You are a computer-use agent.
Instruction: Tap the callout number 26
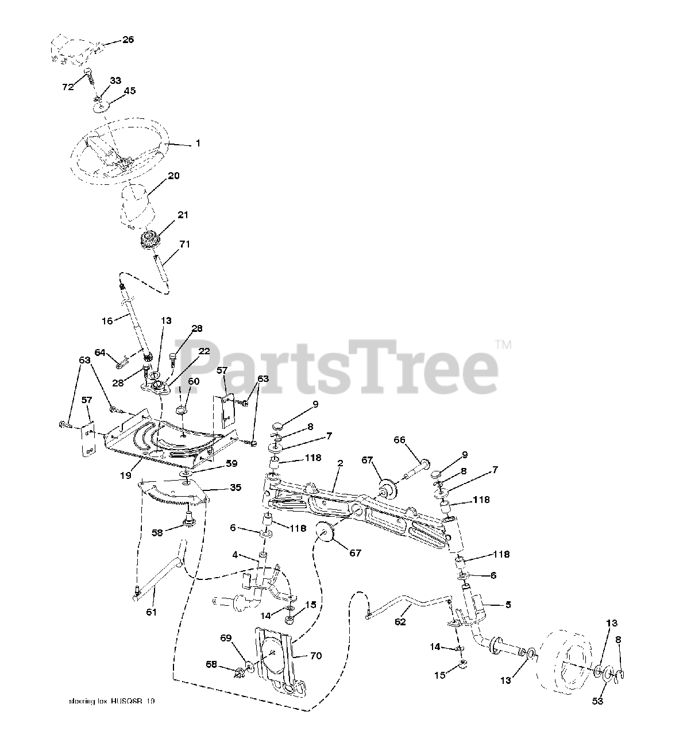pos(128,40)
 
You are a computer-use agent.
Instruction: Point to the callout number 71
pos(184,245)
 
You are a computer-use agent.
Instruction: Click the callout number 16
pos(107,321)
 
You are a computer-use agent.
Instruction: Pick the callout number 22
pos(204,351)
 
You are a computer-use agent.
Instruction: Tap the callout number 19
pos(126,475)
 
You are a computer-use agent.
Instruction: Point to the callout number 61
pos(150,612)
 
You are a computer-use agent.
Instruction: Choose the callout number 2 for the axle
pos(340,462)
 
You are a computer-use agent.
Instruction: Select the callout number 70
pos(315,656)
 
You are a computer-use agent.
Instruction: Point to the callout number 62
pos(400,621)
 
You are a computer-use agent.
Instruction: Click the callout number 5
pos(507,604)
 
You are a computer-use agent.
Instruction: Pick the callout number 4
pos(236,555)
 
